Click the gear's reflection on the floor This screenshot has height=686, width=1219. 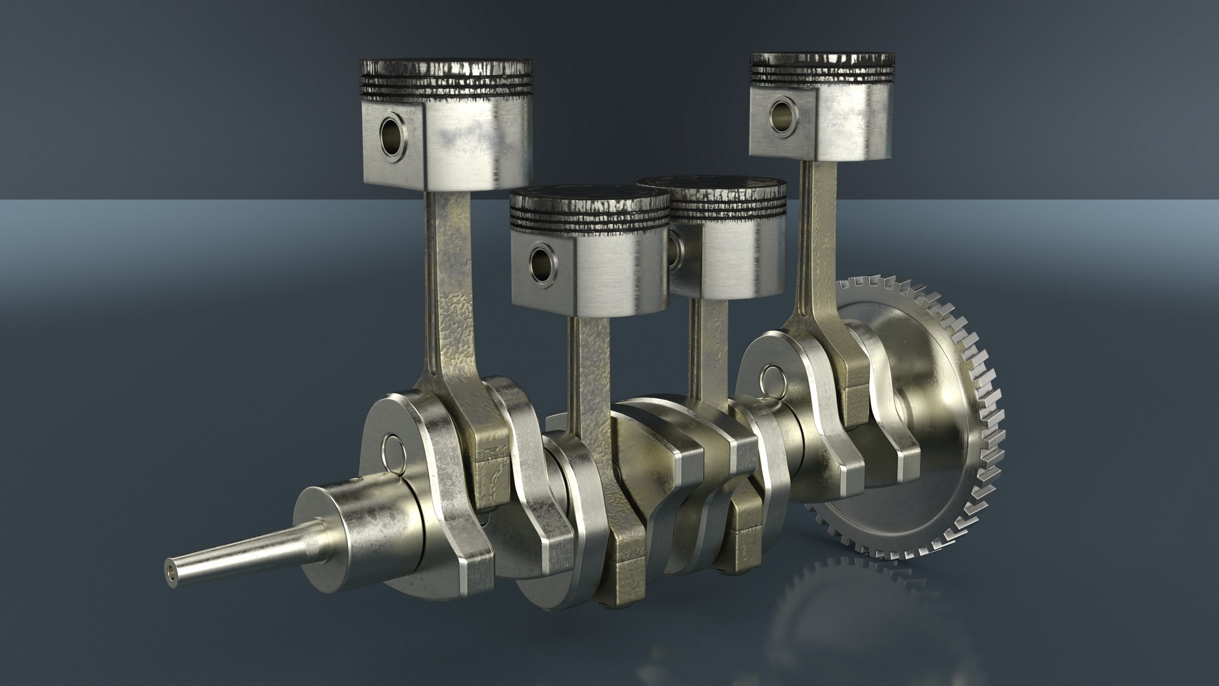(x=844, y=610)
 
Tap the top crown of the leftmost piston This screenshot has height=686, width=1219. (x=444, y=64)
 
